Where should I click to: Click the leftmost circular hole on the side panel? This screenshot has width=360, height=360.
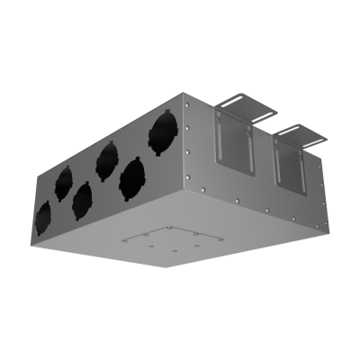click(42, 217)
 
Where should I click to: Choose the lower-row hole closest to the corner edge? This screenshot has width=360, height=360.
click(132, 178)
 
